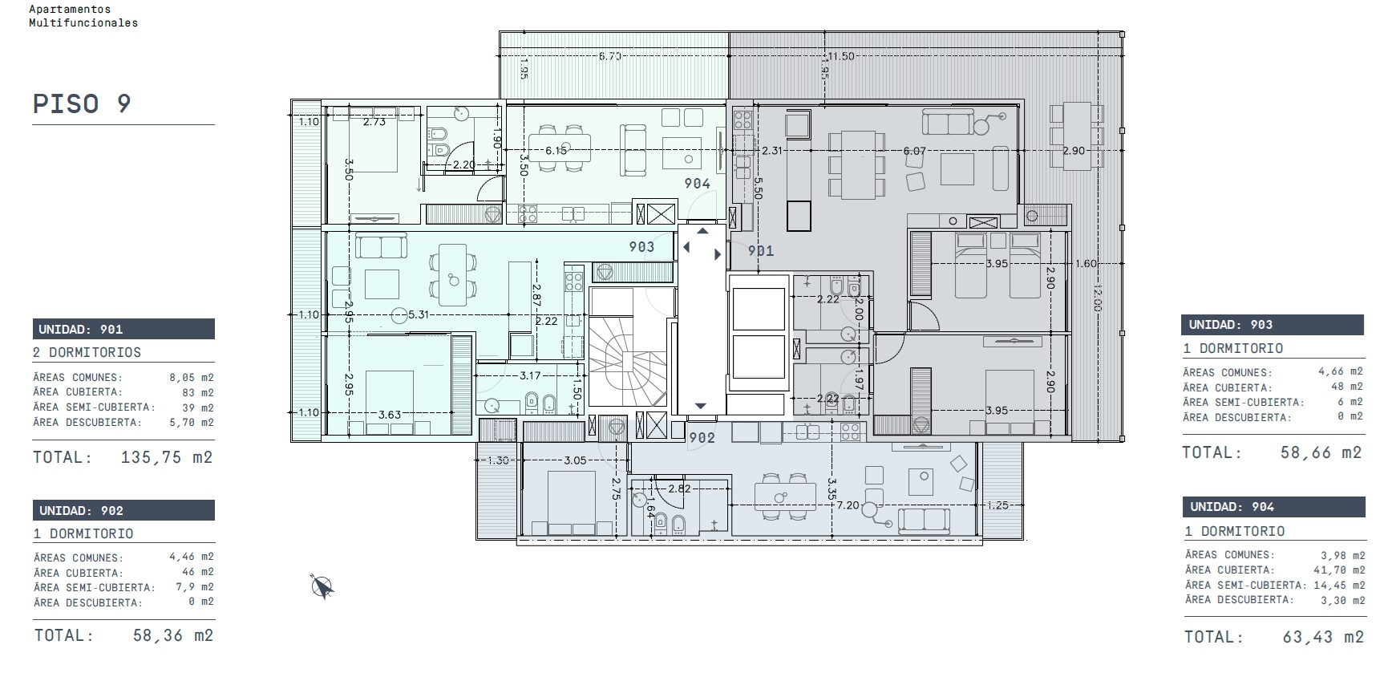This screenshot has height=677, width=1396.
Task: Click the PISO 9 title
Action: coord(82,104)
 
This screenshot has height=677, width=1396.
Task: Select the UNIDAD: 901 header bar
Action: coord(123,329)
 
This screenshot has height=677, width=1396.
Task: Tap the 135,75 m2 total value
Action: coord(167,457)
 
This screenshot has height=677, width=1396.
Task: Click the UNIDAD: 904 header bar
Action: coord(1274,507)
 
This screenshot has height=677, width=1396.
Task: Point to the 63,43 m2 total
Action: coord(1323,637)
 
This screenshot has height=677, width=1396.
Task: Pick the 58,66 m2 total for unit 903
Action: coord(1321,452)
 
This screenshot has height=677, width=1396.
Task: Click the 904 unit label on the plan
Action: coord(698,184)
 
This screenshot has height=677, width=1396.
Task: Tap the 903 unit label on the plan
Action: coord(641,247)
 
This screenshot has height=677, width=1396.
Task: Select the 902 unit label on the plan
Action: coord(702,437)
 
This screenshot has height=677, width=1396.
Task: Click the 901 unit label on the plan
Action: coord(761,251)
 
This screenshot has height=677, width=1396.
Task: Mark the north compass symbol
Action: coord(322,587)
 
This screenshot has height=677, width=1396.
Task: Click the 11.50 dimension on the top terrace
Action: coord(841,56)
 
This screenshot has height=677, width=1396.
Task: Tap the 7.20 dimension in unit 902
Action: coord(848,505)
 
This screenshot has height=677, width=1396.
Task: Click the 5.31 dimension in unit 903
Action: coord(419,315)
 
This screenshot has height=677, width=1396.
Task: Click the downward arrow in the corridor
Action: coord(701,406)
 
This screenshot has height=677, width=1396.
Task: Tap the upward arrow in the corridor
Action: coord(702,231)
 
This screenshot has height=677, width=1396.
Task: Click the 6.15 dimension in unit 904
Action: coord(556,151)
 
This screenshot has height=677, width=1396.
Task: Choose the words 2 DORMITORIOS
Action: coord(87,352)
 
